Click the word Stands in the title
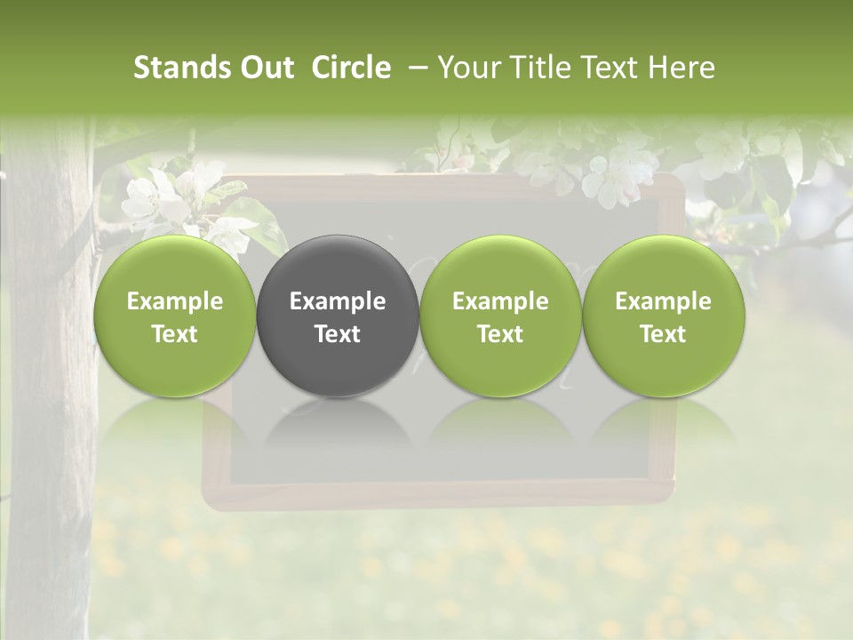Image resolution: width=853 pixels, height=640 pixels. coord(180,68)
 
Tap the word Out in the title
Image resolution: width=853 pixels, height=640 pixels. coord(265,68)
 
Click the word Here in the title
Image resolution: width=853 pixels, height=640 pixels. coord(681,68)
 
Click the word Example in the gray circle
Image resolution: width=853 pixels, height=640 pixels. coord(338,301)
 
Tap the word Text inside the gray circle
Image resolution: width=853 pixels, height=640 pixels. coord(338,334)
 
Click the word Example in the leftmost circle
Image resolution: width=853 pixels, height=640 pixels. coord(174,301)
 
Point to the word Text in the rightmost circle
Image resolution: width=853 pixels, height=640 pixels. coord(664,334)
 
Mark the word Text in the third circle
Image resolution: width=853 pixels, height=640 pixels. coord(500,334)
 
